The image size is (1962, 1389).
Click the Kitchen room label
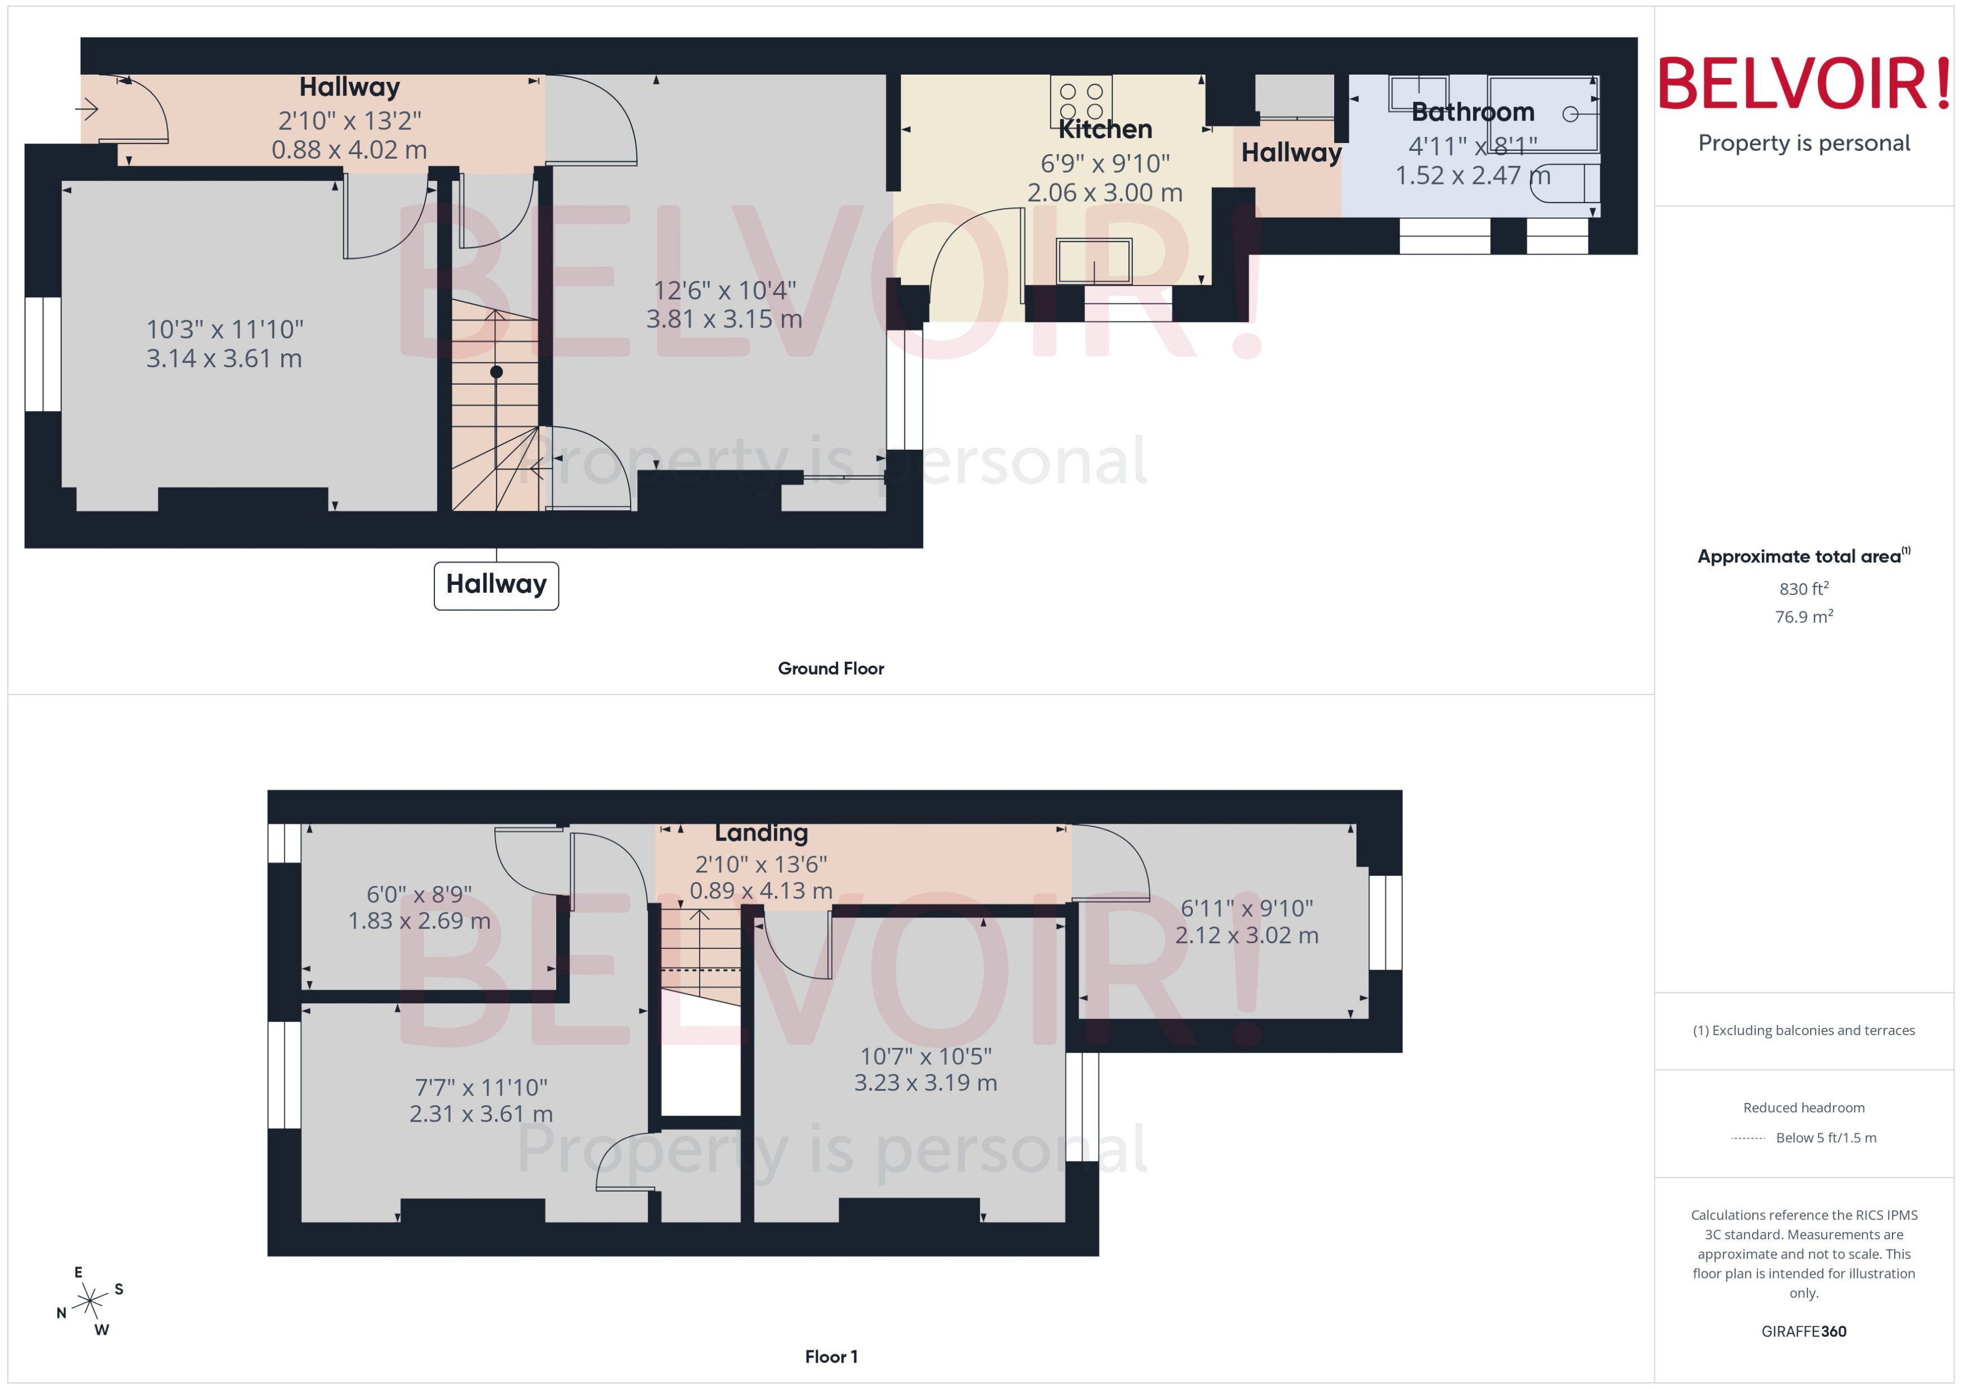pyautogui.click(x=1104, y=129)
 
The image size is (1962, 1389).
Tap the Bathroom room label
pyautogui.click(x=1472, y=112)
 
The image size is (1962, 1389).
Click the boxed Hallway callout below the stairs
pyautogui.click(x=496, y=585)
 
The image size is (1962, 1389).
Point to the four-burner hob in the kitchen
pyautogui.click(x=1081, y=100)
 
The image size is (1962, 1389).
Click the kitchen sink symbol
pyautogui.click(x=1094, y=261)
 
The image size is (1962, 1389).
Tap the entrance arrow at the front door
pyautogui.click(x=87, y=109)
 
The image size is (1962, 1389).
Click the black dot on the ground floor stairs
pyautogui.click(x=496, y=372)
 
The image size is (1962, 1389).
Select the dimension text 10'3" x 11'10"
pyautogui.click(x=225, y=329)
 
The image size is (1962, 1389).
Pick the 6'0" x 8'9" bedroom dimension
pyautogui.click(x=419, y=894)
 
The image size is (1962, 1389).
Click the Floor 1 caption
pyautogui.click(x=830, y=1356)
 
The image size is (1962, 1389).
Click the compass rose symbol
pyautogui.click(x=90, y=1302)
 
